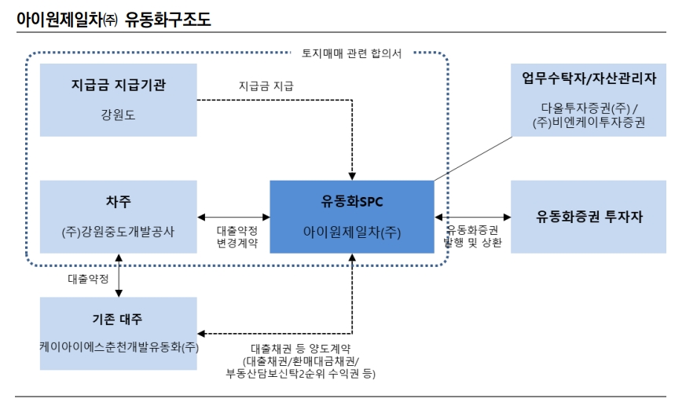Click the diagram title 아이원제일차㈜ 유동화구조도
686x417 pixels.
[x=114, y=19]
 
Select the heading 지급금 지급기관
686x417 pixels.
[x=118, y=86]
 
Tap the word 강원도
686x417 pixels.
[x=118, y=113]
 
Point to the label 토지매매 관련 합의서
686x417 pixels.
[x=352, y=53]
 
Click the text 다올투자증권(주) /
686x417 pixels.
[x=589, y=108]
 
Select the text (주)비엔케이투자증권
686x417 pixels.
[x=589, y=123]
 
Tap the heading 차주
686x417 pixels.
[x=118, y=202]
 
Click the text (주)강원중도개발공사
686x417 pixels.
[x=118, y=232]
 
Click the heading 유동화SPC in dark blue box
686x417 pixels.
[x=352, y=202]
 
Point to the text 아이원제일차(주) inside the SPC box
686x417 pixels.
[x=352, y=232]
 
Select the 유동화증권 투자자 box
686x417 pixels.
[x=589, y=217]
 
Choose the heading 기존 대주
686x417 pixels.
[x=118, y=318]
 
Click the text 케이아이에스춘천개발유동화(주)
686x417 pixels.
[x=118, y=346]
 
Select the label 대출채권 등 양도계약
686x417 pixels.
[x=300, y=348]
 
